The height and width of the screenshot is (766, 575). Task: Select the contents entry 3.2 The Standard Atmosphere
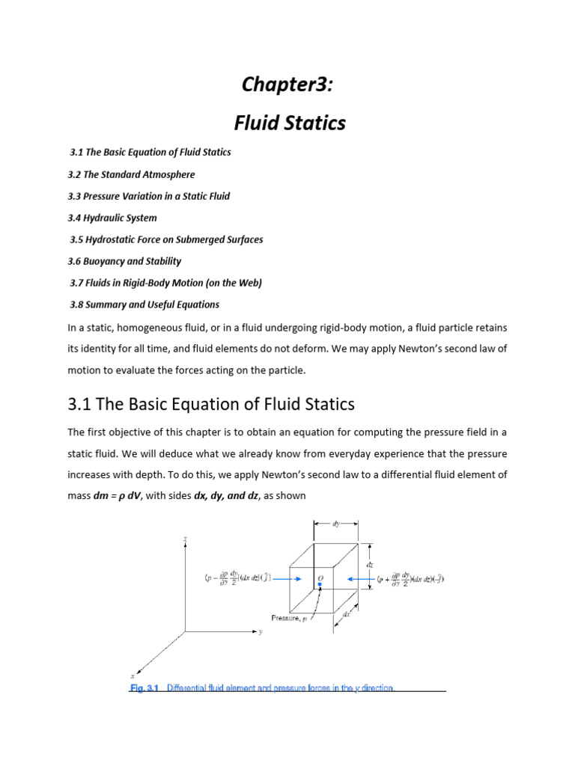[132, 174]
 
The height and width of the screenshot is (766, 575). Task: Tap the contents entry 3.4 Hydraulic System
[112, 218]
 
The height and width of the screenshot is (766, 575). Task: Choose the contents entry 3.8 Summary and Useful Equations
[144, 304]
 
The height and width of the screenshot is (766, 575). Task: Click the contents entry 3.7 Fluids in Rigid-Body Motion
[165, 283]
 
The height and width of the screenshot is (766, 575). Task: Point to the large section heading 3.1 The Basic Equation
[211, 405]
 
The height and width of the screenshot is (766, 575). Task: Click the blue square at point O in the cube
[320, 585]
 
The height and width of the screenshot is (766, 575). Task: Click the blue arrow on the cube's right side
[359, 578]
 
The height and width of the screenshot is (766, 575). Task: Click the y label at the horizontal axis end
[260, 632]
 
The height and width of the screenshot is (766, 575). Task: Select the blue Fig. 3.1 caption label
[144, 687]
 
